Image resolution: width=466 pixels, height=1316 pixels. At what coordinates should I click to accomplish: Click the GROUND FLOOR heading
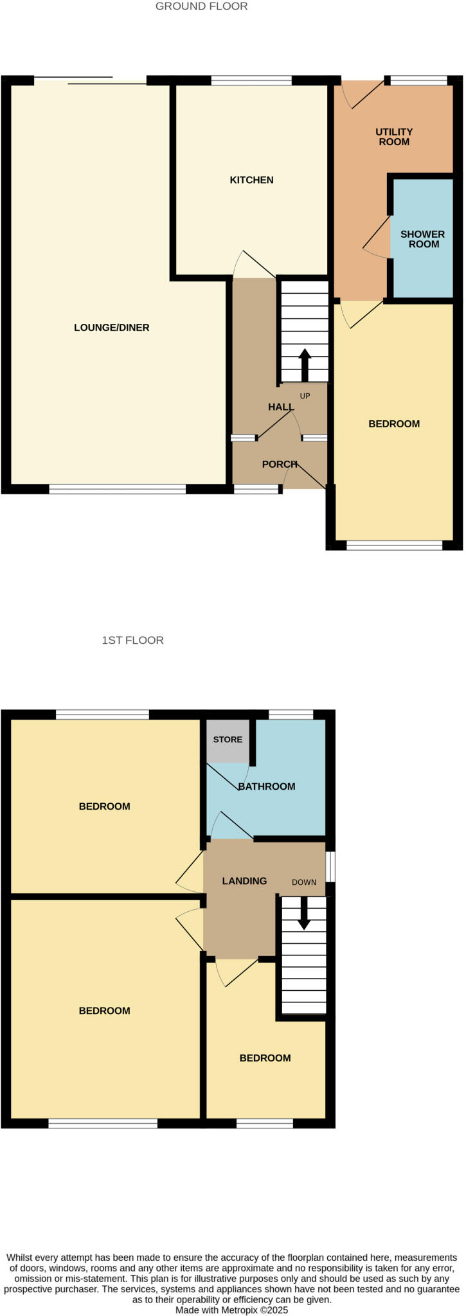(x=201, y=6)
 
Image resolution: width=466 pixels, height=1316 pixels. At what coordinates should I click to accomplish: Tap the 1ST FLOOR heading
(x=132, y=640)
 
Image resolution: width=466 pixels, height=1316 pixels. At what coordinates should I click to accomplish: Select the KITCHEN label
(x=251, y=180)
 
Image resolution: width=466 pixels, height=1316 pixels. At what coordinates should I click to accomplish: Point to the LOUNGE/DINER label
(x=111, y=328)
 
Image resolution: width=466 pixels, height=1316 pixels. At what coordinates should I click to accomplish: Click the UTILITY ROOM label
(x=394, y=137)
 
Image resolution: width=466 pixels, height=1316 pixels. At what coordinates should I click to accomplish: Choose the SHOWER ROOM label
(x=422, y=239)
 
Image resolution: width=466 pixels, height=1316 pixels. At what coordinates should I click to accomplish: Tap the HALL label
(x=281, y=407)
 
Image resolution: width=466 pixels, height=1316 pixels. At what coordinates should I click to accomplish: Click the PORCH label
(x=280, y=464)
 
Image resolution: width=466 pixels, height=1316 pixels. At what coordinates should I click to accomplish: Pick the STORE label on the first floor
(x=228, y=740)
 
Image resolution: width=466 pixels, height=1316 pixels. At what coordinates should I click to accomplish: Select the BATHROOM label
(x=267, y=787)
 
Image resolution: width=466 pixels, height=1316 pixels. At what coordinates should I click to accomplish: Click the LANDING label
(x=244, y=881)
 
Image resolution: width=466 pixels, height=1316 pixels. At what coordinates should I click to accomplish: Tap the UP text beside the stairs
(x=305, y=396)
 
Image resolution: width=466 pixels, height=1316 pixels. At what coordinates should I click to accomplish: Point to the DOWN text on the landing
(x=304, y=882)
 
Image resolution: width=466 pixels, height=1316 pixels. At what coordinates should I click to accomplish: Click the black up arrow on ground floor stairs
(x=305, y=364)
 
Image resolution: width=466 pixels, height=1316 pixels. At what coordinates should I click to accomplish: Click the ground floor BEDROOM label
(x=394, y=424)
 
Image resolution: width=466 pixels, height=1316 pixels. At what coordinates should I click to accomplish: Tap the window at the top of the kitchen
(x=251, y=80)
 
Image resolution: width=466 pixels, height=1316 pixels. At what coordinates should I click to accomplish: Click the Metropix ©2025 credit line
(x=232, y=1310)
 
